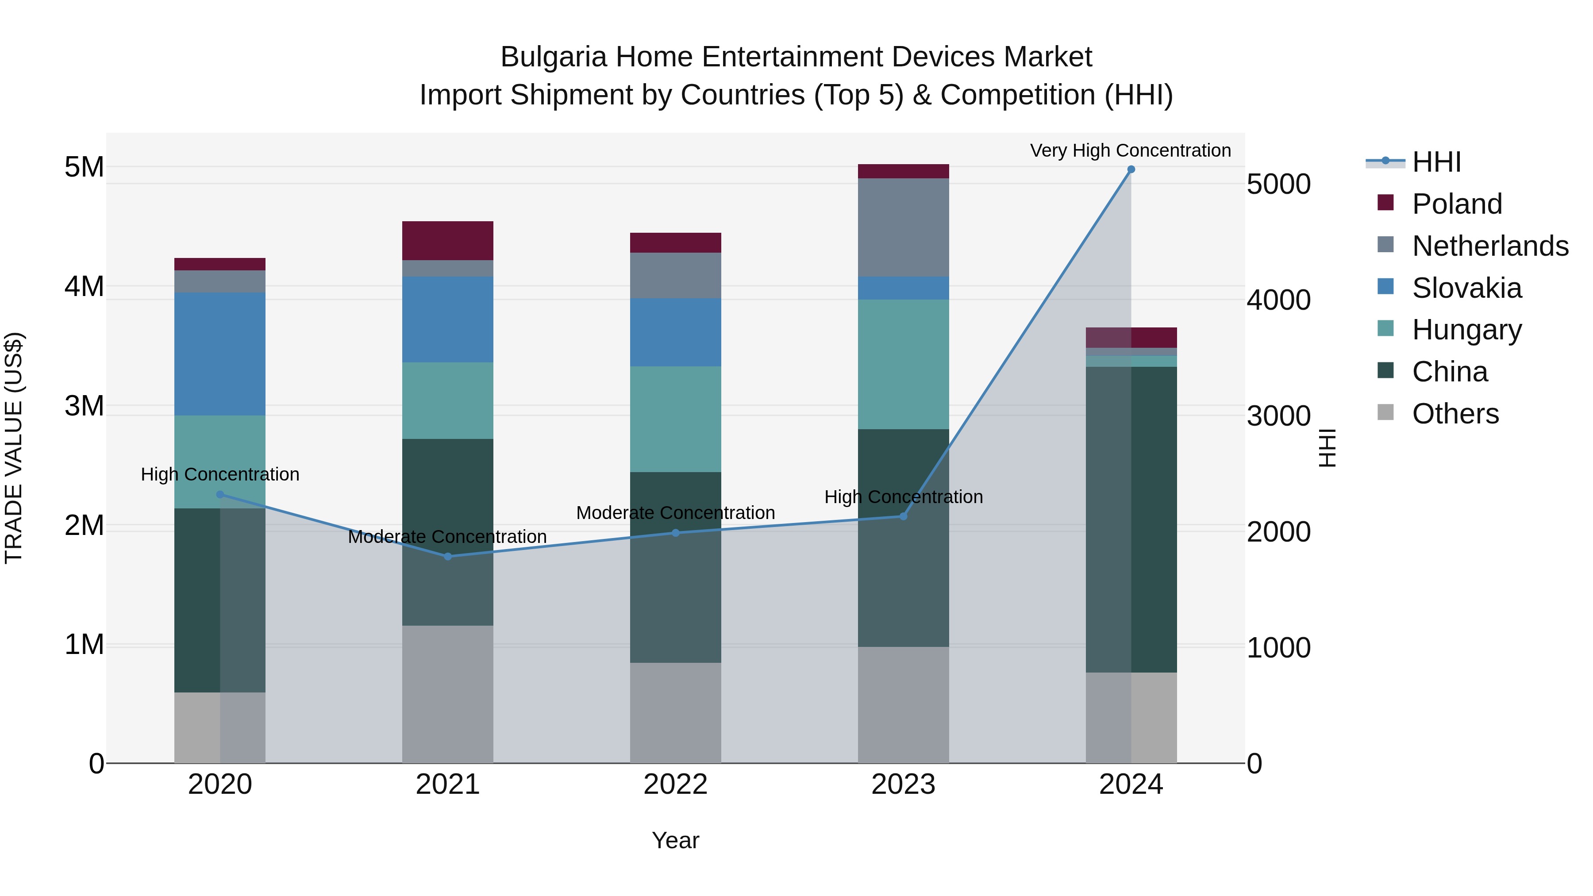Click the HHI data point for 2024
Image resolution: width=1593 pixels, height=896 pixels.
(x=1131, y=169)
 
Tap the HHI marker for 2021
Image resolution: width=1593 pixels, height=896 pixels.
(x=448, y=557)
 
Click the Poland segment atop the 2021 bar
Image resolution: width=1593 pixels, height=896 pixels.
(x=448, y=241)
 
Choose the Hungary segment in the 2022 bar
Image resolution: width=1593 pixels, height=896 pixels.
(x=675, y=419)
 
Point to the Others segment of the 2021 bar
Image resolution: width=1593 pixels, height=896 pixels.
(x=448, y=694)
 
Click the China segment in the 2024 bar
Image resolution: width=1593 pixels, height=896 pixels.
(x=1131, y=519)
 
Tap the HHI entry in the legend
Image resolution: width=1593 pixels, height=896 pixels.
(x=1436, y=162)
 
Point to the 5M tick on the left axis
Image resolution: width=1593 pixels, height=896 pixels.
(x=85, y=167)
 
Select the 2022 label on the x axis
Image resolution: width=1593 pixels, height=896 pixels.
(x=675, y=784)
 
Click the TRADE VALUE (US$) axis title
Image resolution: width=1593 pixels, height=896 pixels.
(x=14, y=448)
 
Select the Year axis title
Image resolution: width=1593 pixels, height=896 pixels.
(x=675, y=840)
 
